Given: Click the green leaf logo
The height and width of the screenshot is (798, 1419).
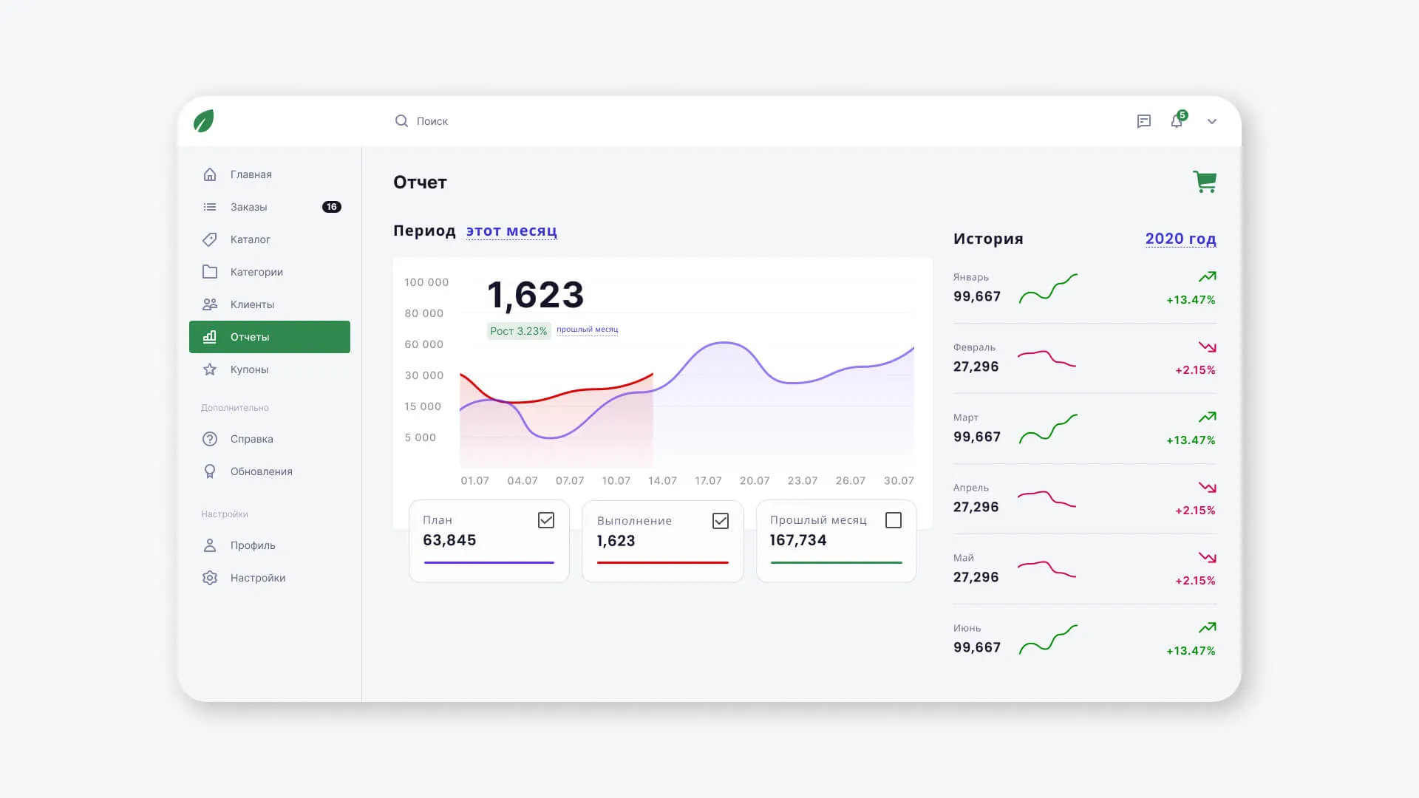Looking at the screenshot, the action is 204,121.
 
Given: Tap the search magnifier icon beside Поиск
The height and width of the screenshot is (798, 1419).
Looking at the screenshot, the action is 401,120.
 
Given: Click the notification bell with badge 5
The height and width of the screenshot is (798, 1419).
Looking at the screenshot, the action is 1177,121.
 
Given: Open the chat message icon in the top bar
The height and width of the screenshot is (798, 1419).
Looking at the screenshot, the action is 1144,121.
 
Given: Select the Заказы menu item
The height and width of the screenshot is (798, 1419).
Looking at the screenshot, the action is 248,207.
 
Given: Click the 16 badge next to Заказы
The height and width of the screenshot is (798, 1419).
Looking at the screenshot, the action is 332,207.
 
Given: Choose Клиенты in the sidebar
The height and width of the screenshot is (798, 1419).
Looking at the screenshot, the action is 252,304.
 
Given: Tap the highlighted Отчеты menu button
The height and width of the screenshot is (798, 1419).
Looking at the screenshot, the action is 270,337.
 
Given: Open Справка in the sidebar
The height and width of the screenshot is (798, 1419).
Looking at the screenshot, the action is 251,439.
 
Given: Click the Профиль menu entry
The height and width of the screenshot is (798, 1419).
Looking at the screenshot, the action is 253,545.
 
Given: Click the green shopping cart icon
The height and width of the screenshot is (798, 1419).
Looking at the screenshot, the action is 1205,182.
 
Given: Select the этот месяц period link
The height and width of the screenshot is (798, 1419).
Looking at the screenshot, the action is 511,231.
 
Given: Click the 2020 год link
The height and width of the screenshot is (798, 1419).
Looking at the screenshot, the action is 1181,239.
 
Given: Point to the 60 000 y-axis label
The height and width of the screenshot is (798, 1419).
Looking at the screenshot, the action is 424,344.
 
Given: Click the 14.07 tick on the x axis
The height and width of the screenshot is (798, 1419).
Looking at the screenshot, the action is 662,480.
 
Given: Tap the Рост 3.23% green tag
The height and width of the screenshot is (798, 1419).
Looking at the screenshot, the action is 519,331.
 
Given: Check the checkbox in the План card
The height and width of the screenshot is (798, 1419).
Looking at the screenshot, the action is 546,520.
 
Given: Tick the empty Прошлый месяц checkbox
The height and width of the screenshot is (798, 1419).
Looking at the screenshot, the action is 894,520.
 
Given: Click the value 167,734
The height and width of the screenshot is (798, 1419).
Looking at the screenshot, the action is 798,540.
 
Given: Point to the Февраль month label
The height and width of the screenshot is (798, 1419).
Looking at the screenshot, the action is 974,347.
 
